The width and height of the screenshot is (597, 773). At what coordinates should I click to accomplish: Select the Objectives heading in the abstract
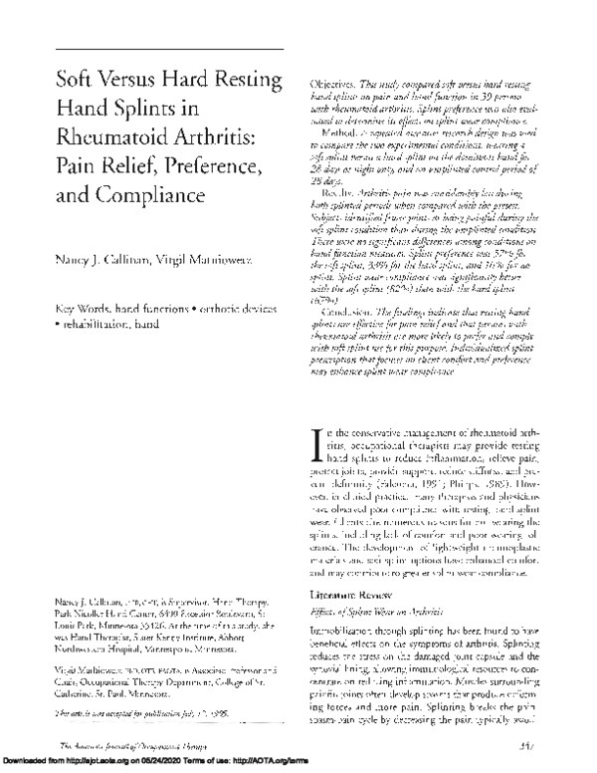(x=340, y=87)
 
